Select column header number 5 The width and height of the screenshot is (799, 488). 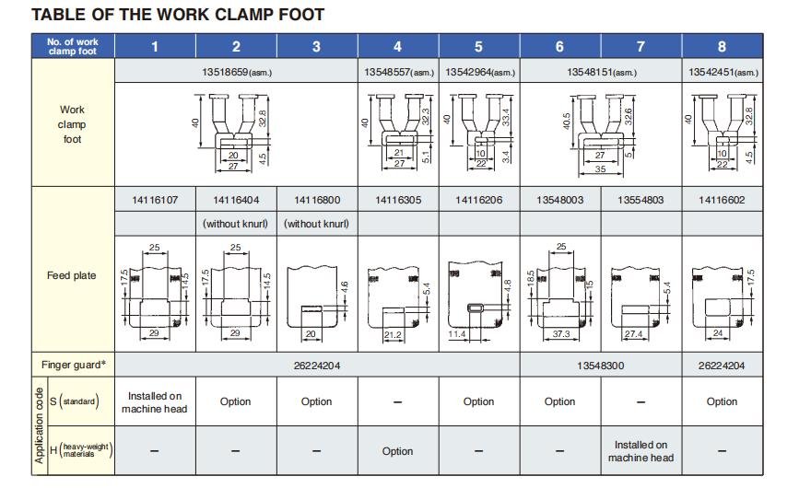click(478, 47)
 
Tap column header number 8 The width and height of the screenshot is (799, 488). click(722, 47)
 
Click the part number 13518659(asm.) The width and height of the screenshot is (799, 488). click(236, 72)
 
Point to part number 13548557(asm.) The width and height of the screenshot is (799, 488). click(397, 72)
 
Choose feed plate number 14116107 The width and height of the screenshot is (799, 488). click(155, 199)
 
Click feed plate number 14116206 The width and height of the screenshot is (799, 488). click(478, 199)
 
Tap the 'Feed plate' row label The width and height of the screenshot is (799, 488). click(72, 275)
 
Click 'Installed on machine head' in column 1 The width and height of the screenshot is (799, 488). click(155, 401)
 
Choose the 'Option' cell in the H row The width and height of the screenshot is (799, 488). click(397, 451)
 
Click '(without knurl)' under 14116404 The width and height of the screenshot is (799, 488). click(236, 224)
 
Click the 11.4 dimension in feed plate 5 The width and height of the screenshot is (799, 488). click(457, 334)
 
